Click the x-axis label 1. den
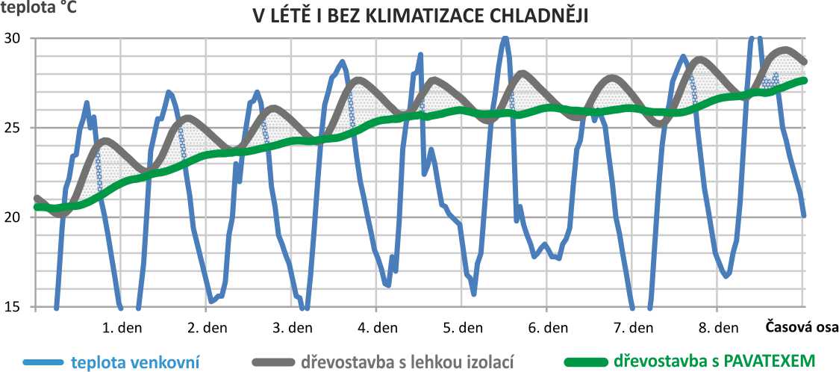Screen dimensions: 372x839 tap(122, 327)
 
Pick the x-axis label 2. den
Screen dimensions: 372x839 tap(208, 327)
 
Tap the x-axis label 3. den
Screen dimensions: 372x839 tap(293, 327)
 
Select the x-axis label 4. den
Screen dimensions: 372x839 tap(378, 327)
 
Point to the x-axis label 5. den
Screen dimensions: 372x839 tap(463, 327)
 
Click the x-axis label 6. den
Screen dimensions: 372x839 tap(548, 327)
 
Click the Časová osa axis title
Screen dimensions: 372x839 tap(801, 326)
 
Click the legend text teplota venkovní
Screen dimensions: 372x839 tap(135, 362)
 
